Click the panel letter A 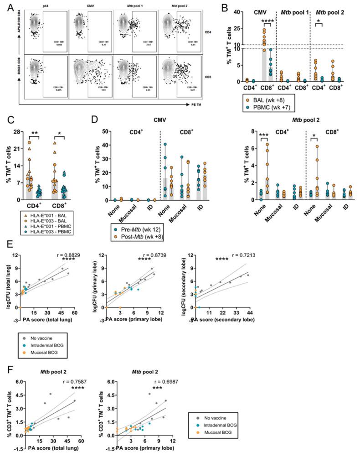click(x=7, y=5)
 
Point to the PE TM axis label click(x=206, y=104)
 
